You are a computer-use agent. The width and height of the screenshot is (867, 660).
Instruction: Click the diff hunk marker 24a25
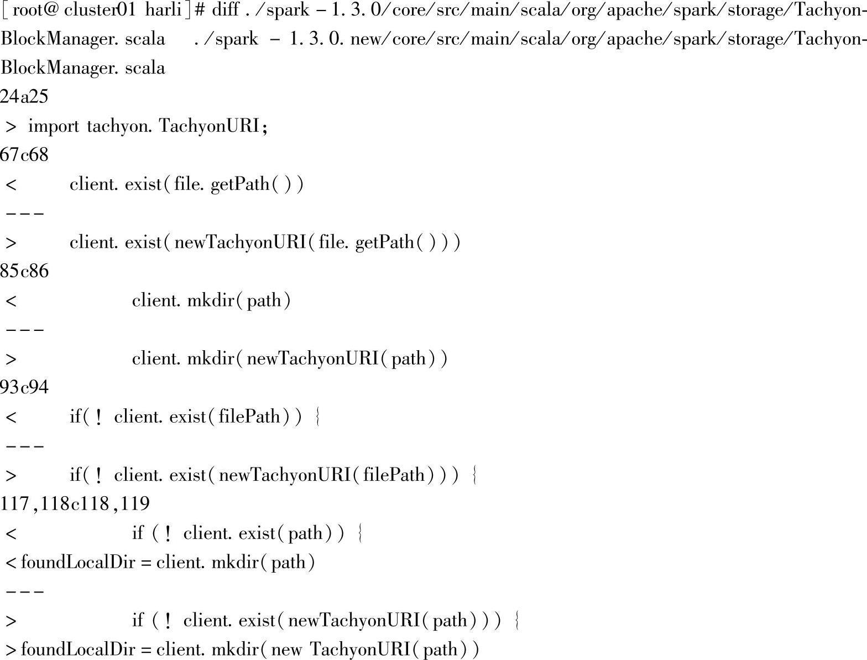[24, 97]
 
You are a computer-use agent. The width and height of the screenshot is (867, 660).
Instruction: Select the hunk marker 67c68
[24, 155]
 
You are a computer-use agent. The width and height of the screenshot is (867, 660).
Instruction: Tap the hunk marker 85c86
[24, 271]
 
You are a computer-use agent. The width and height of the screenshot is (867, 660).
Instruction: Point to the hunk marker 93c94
[24, 387]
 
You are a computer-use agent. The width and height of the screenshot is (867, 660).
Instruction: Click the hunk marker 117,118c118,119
[75, 503]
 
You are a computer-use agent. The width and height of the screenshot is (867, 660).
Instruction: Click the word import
[54, 126]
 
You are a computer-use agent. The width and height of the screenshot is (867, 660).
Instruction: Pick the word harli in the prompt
[164, 10]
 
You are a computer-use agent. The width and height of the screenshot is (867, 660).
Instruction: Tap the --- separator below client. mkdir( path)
[24, 330]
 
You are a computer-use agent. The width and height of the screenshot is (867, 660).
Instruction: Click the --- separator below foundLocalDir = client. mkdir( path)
[24, 591]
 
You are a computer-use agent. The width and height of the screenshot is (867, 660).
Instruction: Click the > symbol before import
[10, 127]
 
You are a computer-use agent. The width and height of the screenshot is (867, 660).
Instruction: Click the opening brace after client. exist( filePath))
[317, 417]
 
